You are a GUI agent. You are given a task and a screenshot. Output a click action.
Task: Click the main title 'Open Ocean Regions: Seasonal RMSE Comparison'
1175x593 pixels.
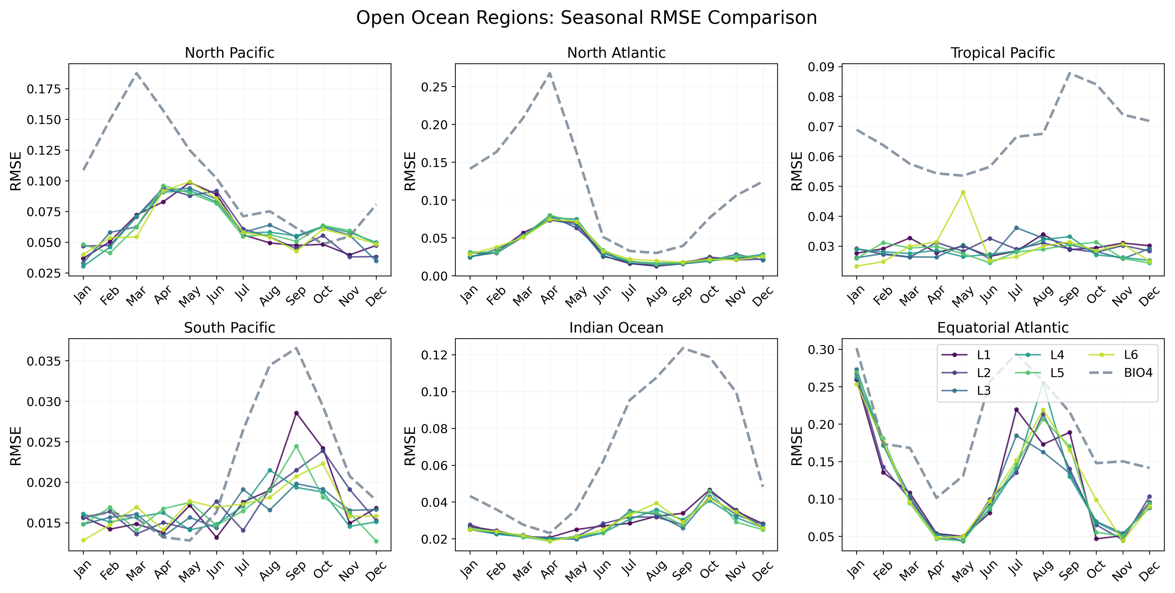click(x=587, y=18)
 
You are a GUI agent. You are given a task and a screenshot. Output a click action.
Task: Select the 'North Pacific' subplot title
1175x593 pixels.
click(x=229, y=53)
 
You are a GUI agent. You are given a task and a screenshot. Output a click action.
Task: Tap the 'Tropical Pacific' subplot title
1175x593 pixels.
click(x=1003, y=53)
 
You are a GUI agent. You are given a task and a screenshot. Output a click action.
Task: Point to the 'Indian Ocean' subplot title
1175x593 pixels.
click(x=616, y=328)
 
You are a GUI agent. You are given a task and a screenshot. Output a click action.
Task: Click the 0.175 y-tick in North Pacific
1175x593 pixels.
click(x=44, y=89)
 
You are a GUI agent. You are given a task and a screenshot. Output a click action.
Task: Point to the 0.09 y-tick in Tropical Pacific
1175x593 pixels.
click(x=821, y=67)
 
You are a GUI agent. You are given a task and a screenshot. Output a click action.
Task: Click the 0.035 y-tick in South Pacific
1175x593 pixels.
click(x=44, y=362)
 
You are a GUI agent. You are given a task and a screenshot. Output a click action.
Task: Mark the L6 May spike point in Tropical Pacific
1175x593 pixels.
click(x=963, y=193)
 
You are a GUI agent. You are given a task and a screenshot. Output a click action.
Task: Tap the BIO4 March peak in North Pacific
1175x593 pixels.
click(x=136, y=73)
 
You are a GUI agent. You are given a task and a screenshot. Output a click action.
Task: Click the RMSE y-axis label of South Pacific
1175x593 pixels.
click(x=16, y=446)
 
